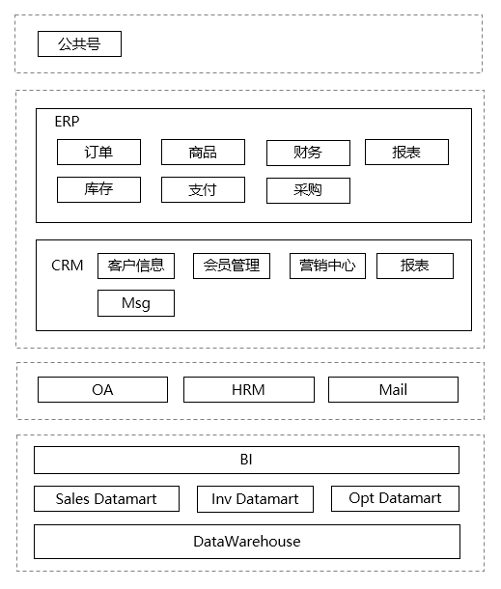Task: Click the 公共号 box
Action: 79,44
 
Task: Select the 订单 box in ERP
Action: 98,153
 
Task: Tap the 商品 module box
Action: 203,153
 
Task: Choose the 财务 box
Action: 308,153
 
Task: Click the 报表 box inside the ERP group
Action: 406,153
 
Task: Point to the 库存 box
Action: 98,189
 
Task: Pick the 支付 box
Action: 203,189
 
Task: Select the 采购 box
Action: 308,190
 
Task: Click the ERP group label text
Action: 67,122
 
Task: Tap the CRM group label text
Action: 68,266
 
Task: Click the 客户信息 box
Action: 136,266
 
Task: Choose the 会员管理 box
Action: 232,266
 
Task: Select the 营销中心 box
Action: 327,266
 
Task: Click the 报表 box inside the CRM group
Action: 414,266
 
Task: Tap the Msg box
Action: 136,303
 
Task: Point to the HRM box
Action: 248,390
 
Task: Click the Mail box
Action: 393,390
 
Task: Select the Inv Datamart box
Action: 255,499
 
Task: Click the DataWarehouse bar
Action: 247,542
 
